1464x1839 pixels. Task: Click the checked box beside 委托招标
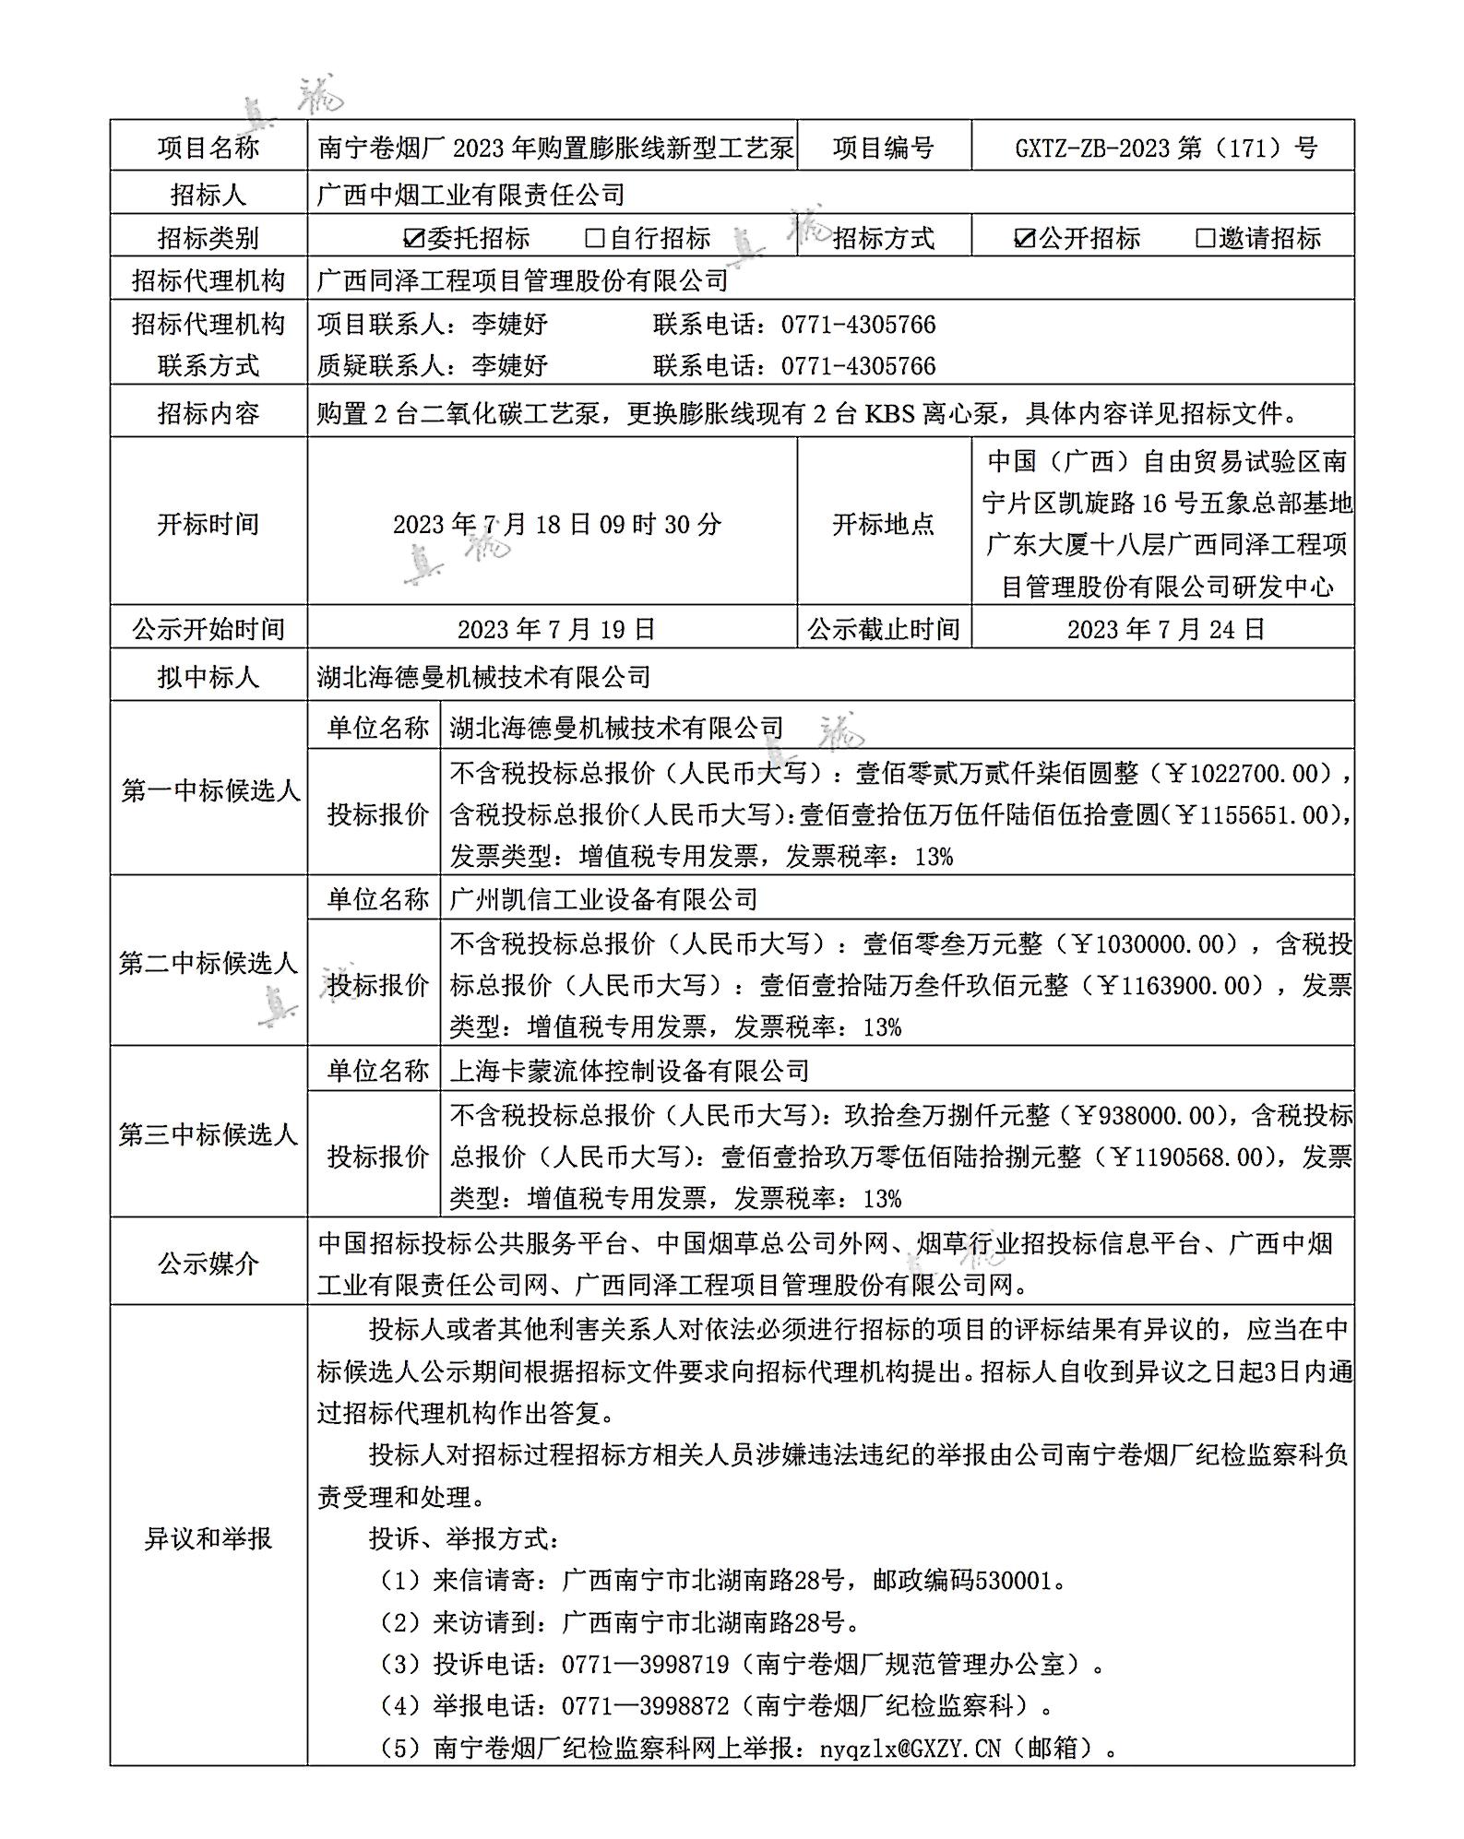click(x=414, y=238)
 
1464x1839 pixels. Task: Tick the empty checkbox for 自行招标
click(x=595, y=238)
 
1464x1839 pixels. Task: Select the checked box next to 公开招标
click(x=1024, y=238)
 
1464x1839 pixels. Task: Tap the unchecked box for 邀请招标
click(x=1205, y=238)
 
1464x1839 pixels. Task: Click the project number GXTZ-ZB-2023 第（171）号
click(x=1166, y=148)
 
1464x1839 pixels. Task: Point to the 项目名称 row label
click(x=208, y=148)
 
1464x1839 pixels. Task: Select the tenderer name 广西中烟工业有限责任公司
click(x=470, y=195)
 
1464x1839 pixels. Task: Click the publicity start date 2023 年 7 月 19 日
click(x=556, y=629)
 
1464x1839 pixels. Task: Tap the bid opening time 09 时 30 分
click(x=661, y=524)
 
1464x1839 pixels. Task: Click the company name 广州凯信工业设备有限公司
click(x=604, y=899)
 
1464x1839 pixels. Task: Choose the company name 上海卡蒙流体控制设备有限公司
click(x=630, y=1071)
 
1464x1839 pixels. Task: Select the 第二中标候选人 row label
click(x=208, y=964)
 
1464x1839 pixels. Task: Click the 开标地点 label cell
click(x=884, y=524)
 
